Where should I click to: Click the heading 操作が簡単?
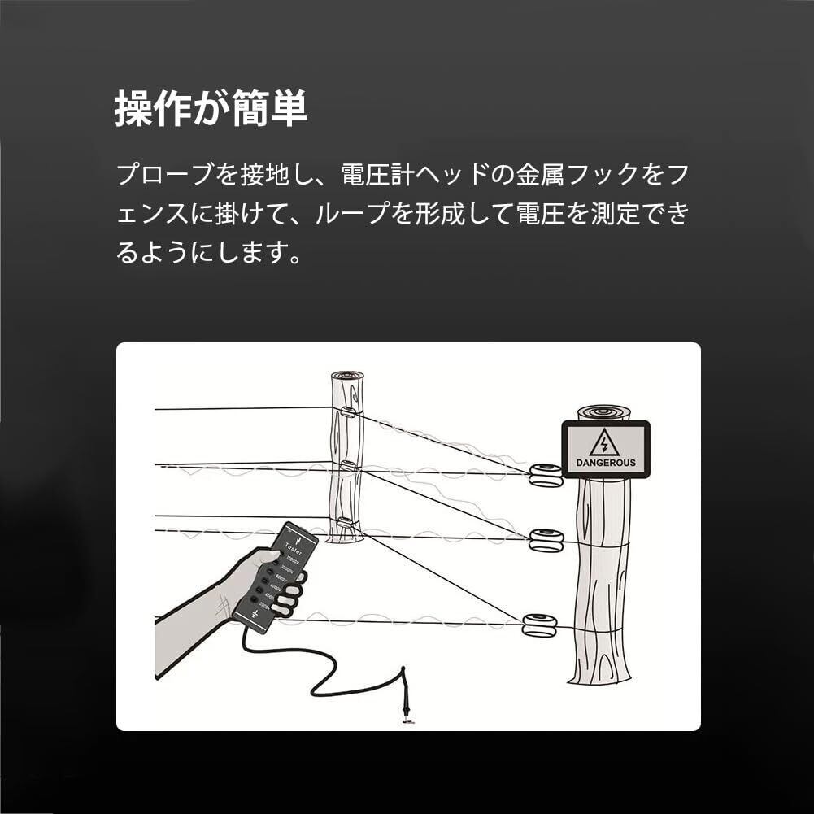tap(211, 108)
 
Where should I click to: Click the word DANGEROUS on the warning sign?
tap(606, 463)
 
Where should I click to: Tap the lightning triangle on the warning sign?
tap(604, 443)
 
